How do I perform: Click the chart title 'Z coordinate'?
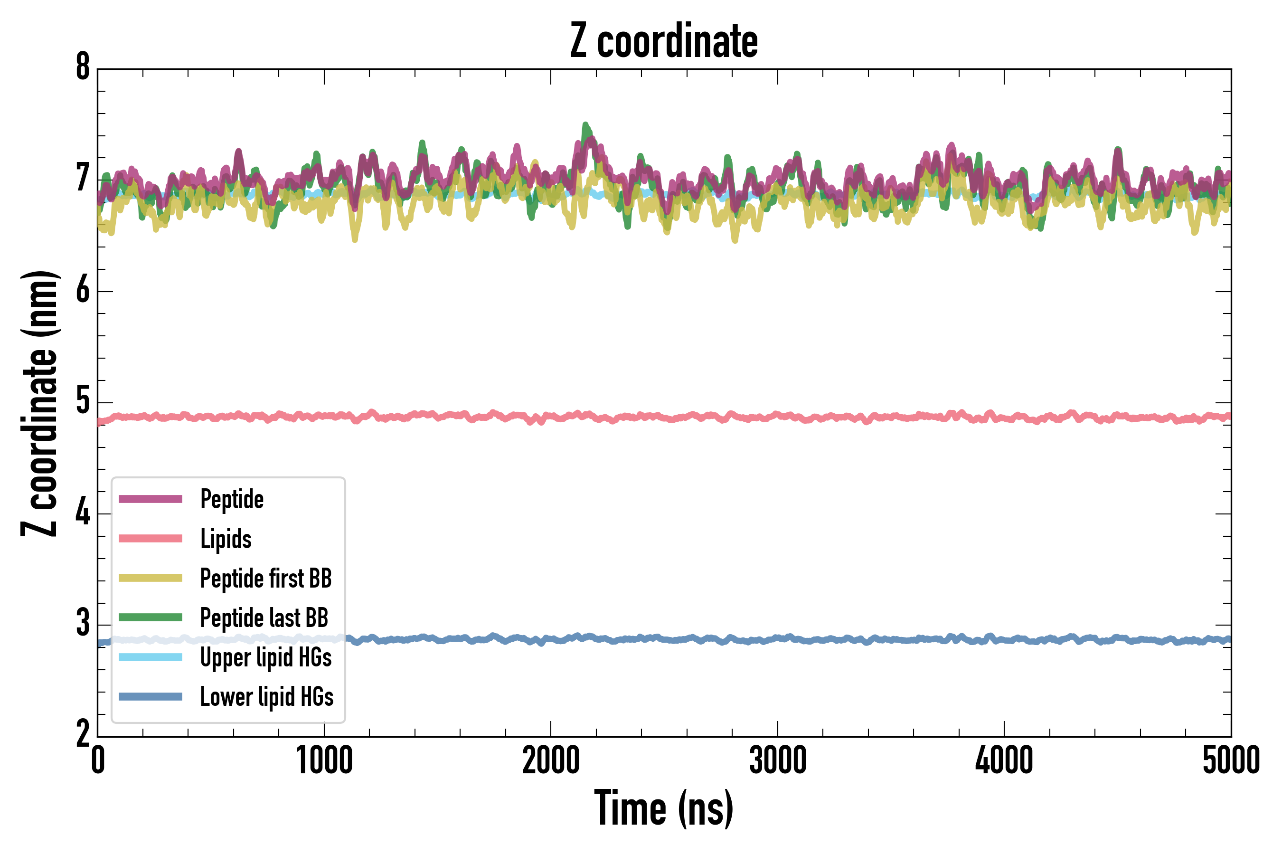[663, 41]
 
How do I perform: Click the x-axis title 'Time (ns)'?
[663, 807]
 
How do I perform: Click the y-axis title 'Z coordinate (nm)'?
[39, 403]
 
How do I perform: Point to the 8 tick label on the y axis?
[83, 67]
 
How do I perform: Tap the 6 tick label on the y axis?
[83, 291]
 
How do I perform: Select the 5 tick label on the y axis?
[83, 402]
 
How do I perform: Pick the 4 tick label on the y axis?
[83, 513]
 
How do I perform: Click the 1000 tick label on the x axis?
[324, 760]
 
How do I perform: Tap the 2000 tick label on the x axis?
[550, 760]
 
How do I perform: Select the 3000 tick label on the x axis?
[777, 760]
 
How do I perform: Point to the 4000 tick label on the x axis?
[1004, 760]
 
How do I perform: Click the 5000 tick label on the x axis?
[1231, 760]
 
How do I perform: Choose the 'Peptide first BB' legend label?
[266, 579]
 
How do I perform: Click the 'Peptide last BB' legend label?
[264, 618]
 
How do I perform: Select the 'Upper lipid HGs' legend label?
[266, 657]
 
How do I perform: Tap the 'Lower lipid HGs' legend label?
[266, 697]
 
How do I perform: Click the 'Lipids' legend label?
[226, 539]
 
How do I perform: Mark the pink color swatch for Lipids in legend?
[151, 539]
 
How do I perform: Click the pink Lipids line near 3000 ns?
[777, 416]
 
